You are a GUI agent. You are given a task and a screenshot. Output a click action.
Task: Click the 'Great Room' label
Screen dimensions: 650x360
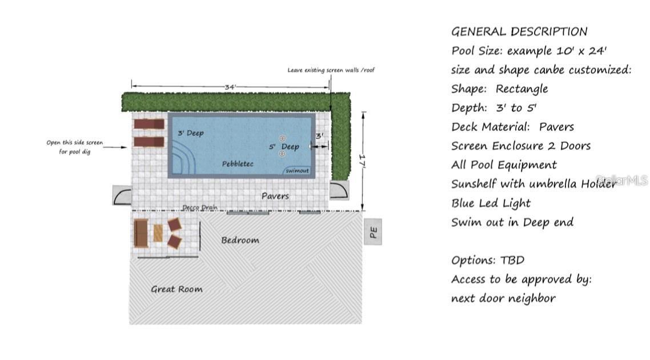pos(176,289)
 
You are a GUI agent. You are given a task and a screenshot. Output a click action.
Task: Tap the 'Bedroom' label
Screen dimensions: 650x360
pos(240,240)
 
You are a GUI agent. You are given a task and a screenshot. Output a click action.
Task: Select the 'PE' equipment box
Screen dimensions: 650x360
pos(373,232)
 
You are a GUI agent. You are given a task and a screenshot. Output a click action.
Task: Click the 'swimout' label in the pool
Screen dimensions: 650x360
pos(297,170)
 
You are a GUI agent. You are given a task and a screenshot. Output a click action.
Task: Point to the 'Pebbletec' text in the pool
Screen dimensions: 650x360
pos(238,164)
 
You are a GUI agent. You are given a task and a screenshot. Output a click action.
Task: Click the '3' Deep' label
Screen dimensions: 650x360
pos(191,133)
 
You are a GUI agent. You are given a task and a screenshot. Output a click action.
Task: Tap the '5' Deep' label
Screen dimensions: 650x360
pos(284,147)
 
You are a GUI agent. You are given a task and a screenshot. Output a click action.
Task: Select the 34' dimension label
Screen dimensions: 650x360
pos(230,87)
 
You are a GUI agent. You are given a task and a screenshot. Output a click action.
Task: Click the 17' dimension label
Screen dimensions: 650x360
pos(362,161)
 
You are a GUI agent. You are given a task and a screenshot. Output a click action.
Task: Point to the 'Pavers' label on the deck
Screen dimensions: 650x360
pos(275,196)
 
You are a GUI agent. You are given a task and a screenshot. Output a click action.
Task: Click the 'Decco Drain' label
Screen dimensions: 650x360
pos(200,207)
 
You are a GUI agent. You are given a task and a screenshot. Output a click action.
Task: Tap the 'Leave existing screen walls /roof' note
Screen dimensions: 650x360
pos(331,70)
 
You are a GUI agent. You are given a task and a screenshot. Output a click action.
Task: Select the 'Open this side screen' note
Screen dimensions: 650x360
pos(75,142)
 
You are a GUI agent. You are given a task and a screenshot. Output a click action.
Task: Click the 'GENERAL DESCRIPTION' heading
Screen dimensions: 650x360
pos(519,31)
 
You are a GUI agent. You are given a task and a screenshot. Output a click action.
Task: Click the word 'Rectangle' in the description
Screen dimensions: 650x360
pos(521,89)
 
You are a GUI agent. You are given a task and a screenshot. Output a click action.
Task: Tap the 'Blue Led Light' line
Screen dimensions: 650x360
pos(491,203)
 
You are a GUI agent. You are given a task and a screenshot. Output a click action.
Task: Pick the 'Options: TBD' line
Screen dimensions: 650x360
pos(488,260)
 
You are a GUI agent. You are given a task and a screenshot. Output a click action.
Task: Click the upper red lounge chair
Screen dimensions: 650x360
pos(149,124)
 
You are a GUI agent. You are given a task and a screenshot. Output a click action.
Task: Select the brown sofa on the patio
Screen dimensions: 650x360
pos(141,234)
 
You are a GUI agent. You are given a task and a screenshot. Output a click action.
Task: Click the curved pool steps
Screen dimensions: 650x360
pos(182,158)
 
